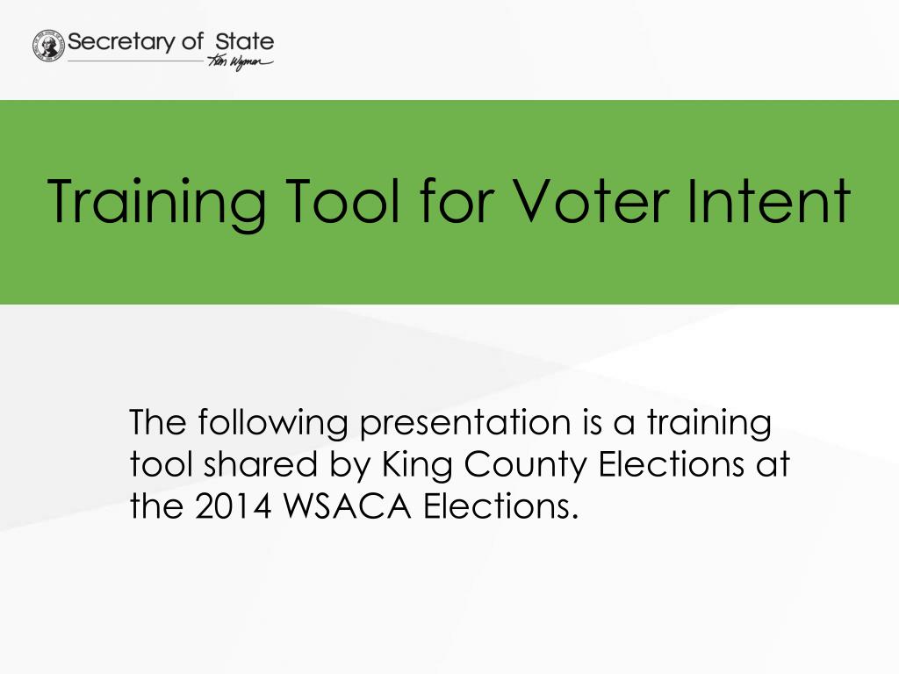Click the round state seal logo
tap(49, 46)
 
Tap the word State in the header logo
tap(245, 41)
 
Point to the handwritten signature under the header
tap(240, 62)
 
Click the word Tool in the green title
tap(342, 200)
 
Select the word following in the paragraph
tap(273, 424)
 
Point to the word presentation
tap(465, 424)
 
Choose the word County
tap(525, 465)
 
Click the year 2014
tap(233, 506)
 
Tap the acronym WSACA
tap(348, 506)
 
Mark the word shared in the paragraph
tap(260, 464)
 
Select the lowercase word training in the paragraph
tap(709, 424)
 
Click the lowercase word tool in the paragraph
tap(162, 464)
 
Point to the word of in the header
tap(192, 41)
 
